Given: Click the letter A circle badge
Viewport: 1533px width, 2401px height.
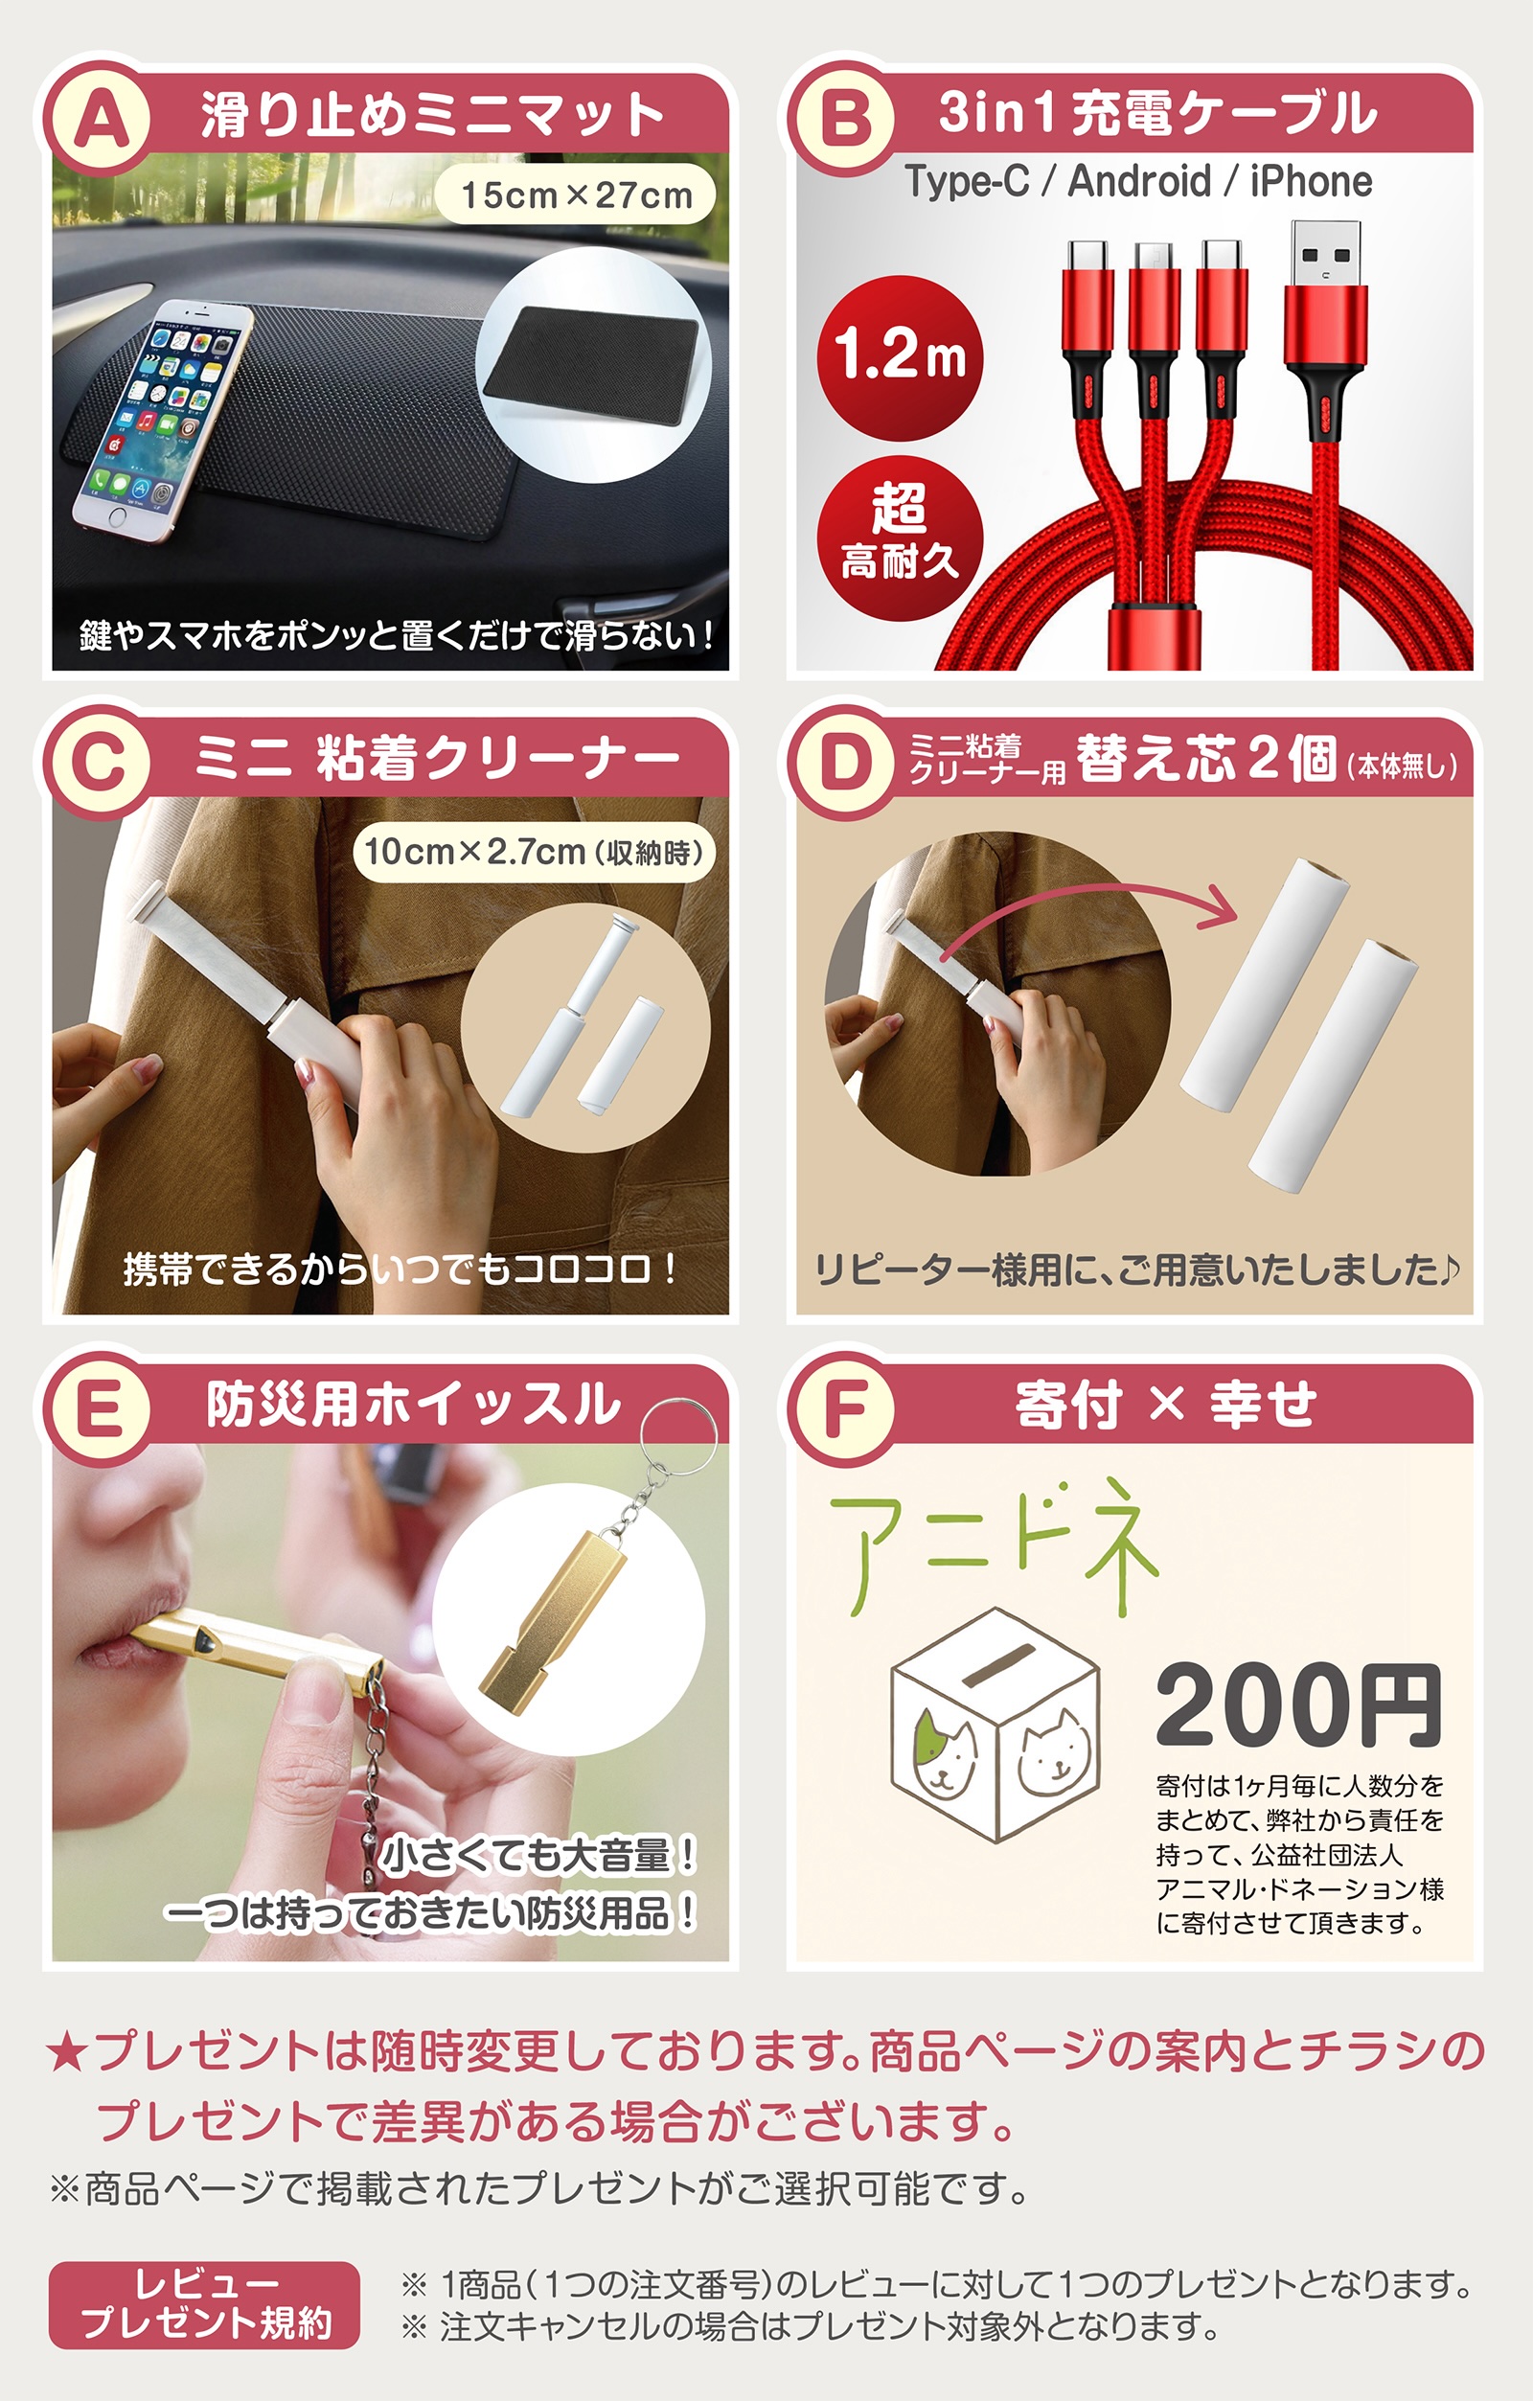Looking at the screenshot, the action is pyautogui.click(x=101, y=118).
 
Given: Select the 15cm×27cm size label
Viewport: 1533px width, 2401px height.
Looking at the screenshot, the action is pyautogui.click(x=576, y=195).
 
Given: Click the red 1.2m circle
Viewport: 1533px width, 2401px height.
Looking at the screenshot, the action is pyautogui.click(x=900, y=357).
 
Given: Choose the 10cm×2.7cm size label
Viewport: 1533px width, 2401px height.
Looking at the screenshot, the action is pyautogui.click(x=534, y=852).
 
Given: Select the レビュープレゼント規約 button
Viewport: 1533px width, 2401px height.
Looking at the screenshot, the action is pyautogui.click(x=204, y=2304).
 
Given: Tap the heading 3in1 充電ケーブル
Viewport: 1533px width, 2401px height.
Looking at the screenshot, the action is pyautogui.click(x=1157, y=113).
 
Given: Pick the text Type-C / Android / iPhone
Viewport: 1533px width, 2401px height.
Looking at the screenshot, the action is pyautogui.click(x=1138, y=182).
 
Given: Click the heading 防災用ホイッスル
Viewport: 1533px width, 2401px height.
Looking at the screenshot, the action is pyautogui.click(x=413, y=1404).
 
